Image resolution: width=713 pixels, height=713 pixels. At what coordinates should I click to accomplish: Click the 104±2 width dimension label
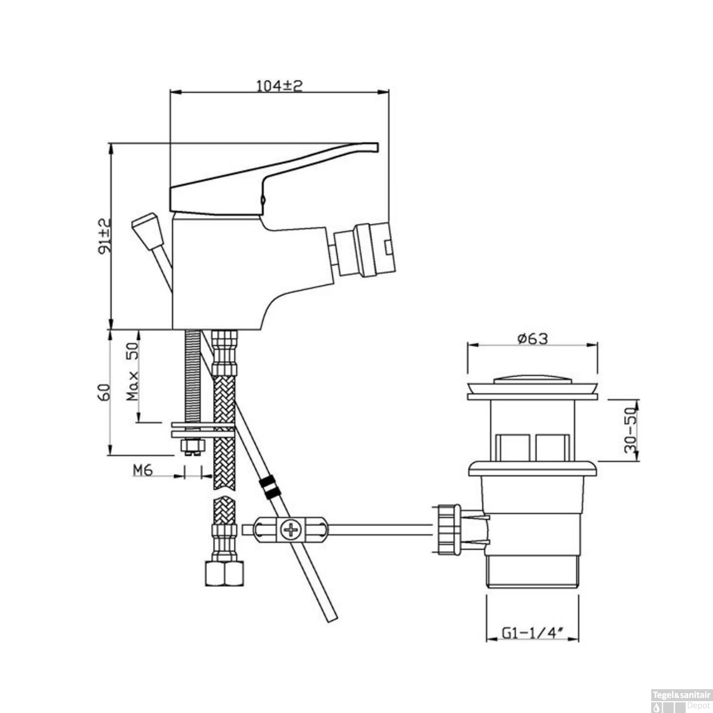(x=279, y=86)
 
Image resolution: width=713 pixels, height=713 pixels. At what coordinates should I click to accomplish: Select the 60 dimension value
(x=104, y=393)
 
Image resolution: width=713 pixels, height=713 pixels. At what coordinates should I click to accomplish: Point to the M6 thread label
(x=142, y=471)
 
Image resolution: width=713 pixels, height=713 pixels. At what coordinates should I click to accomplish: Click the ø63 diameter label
(x=532, y=338)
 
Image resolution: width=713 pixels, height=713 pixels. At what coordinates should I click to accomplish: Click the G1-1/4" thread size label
(x=532, y=633)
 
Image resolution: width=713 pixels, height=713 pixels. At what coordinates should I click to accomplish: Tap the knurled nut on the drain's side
(x=447, y=529)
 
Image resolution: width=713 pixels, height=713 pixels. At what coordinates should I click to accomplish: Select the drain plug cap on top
(x=532, y=379)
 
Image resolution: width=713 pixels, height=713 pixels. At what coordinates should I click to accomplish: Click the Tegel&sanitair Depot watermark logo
(x=681, y=702)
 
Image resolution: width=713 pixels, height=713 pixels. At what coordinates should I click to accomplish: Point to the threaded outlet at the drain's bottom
(x=532, y=572)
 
